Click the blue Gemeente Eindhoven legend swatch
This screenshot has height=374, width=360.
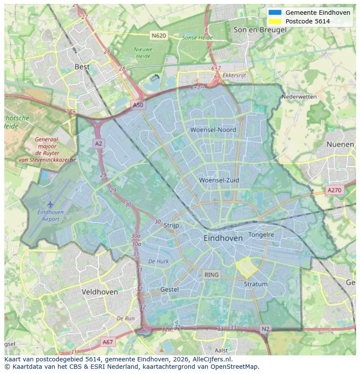click(275, 13)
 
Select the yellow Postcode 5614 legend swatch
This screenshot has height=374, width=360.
click(275, 21)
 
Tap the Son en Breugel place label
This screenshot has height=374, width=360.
click(260, 30)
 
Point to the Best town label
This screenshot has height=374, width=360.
click(82, 67)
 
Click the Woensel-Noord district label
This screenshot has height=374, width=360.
click(213, 130)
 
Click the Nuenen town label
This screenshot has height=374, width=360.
click(340, 144)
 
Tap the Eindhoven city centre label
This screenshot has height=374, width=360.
click(223, 238)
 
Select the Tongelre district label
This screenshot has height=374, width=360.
click(261, 235)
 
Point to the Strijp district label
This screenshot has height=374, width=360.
click(172, 225)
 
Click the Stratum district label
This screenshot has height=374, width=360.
click(256, 284)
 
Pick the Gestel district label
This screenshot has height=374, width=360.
click(170, 289)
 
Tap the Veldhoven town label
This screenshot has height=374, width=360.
click(100, 292)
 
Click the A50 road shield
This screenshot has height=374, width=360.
click(137, 105)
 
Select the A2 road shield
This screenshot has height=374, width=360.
click(99, 143)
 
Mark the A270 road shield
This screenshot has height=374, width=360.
click(334, 190)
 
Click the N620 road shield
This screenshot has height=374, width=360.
click(159, 35)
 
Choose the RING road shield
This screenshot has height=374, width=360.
click(212, 275)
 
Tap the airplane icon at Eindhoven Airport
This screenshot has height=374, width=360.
click(50, 204)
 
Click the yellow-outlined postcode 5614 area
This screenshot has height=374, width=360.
click(246, 267)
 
